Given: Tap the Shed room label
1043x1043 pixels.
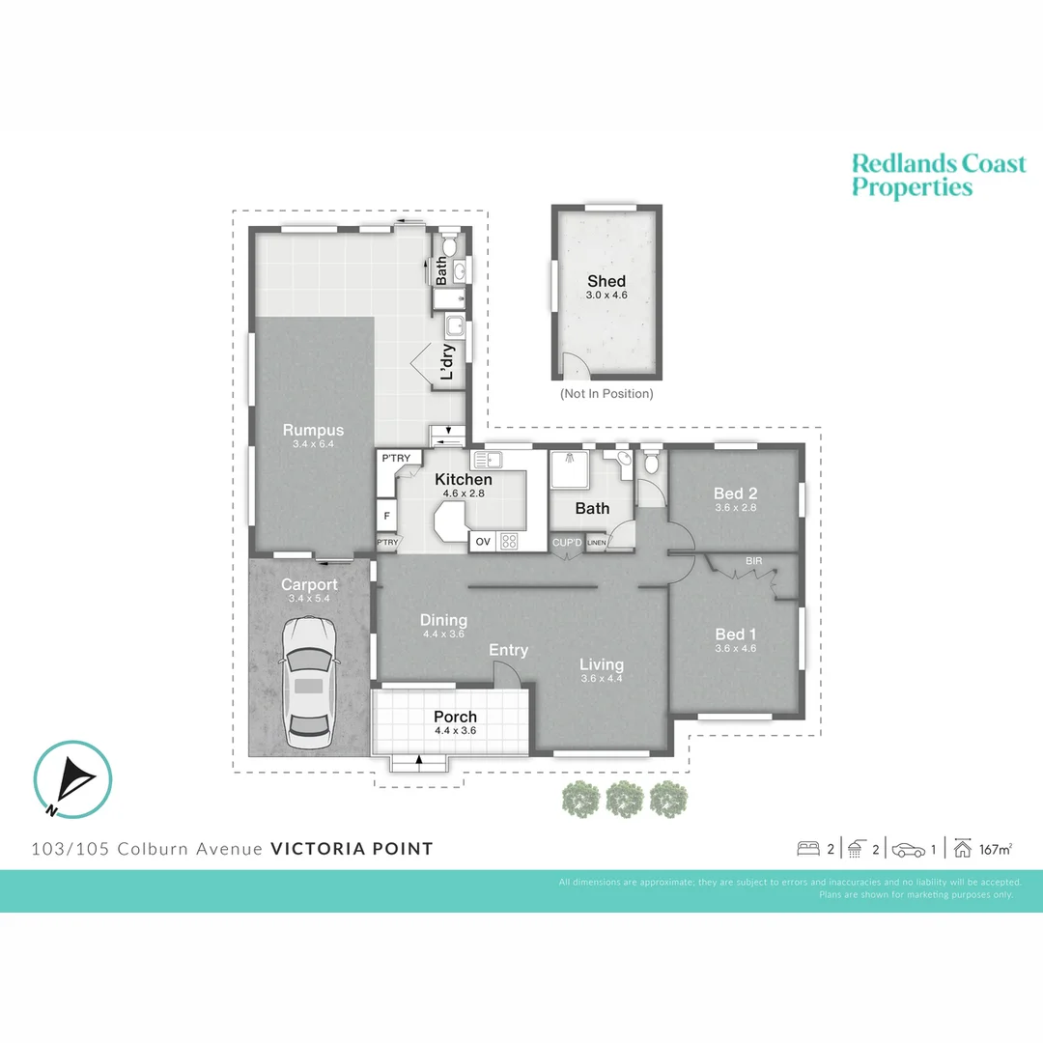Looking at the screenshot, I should point(606,282).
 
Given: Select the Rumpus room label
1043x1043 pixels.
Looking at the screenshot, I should point(313,431).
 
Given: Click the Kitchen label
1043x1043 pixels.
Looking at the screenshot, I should point(464,480).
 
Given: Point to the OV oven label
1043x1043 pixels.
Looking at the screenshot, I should point(482,542).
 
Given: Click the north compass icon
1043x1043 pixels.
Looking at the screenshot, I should point(72,778).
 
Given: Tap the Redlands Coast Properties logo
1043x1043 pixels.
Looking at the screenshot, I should point(938,175).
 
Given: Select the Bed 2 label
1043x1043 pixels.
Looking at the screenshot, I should point(735,493).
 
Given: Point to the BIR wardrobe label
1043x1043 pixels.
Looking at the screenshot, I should point(753,560).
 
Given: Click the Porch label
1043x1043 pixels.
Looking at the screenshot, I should point(455,718).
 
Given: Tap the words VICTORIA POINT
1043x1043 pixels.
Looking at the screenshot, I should point(352,849).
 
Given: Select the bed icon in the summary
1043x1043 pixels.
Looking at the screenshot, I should point(807,850).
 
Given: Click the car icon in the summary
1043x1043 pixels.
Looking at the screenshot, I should point(908,850).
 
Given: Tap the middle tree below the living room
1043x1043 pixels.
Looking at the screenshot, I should point(624,800).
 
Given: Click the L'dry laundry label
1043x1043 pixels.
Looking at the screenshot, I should point(446,362).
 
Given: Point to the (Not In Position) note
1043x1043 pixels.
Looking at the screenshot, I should point(606,394).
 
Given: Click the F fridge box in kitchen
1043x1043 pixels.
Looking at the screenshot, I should point(386,516).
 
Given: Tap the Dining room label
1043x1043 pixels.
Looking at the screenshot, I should point(443,621).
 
